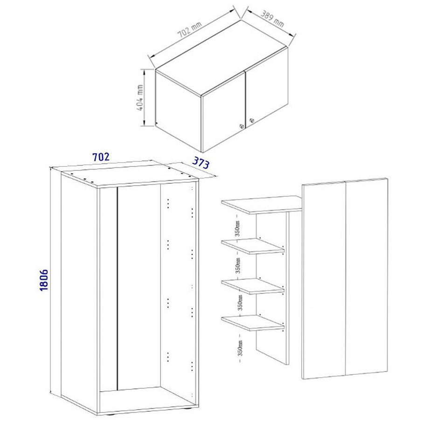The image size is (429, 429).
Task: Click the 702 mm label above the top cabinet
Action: tap(190, 33)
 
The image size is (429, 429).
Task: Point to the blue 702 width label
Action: tap(101, 157)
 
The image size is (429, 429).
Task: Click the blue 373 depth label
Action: tap(199, 164)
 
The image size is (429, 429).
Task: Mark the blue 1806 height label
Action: tap(44, 280)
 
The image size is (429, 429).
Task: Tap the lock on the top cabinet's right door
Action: tap(252, 121)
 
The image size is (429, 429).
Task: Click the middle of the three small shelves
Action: tap(253, 285)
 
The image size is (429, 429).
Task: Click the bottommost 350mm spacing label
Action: tap(238, 345)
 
